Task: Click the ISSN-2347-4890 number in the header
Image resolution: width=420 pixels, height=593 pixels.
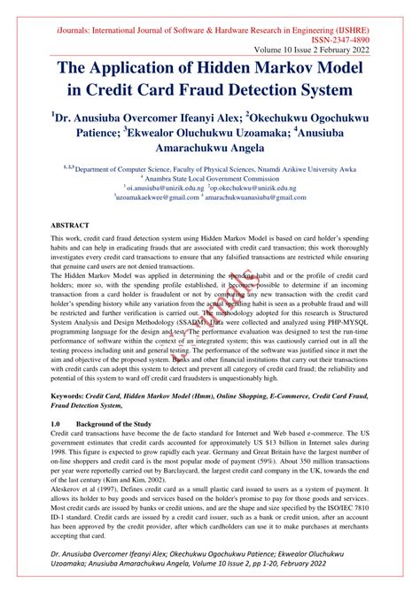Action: (361, 41)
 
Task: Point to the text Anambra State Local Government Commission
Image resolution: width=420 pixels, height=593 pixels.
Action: (213, 179)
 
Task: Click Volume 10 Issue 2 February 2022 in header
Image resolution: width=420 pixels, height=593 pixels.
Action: (329, 50)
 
